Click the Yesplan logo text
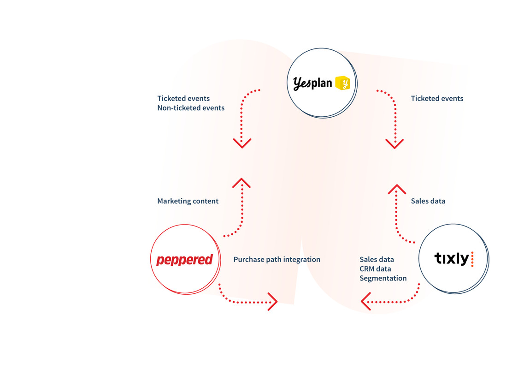(312, 83)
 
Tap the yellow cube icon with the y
(342, 83)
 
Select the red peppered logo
(184, 260)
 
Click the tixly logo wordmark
(452, 259)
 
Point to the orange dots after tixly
(472, 259)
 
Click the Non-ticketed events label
(191, 108)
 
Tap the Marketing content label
(188, 201)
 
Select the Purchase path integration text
(277, 260)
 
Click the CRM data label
(375, 269)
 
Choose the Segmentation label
(383, 278)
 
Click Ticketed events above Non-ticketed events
(183, 99)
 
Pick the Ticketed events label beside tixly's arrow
(437, 99)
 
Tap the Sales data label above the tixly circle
(428, 201)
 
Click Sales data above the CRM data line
(377, 260)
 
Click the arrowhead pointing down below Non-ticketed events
(242, 143)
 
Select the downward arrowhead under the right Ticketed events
(394, 143)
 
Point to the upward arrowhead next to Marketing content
(241, 183)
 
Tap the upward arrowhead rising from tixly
(397, 189)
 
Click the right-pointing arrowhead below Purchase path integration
(273, 302)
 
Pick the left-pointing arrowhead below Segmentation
(366, 301)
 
